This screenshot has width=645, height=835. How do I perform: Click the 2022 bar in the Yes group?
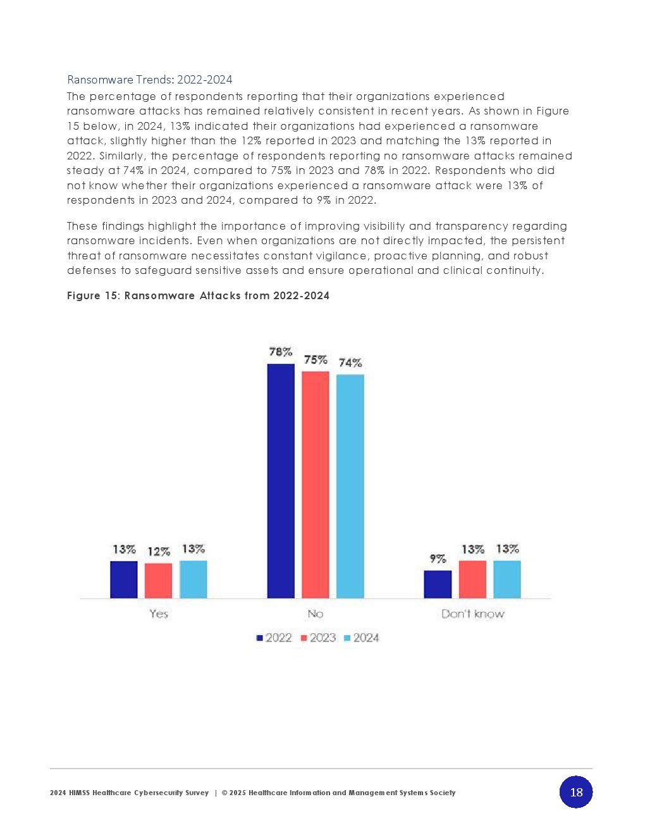(124, 579)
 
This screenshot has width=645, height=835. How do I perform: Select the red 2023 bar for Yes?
(158, 581)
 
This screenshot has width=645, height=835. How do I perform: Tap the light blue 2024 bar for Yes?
(193, 579)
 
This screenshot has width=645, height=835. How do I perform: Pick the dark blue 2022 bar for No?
(281, 481)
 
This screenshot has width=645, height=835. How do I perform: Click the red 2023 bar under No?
(316, 485)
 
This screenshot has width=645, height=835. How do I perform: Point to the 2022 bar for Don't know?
(438, 584)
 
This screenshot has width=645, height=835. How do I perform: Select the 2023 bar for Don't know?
(472, 579)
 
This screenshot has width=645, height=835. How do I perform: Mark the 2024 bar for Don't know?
(507, 579)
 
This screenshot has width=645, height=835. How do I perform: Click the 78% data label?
(281, 352)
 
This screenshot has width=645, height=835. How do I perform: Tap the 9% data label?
(438, 559)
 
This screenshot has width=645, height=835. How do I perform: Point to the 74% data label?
(350, 362)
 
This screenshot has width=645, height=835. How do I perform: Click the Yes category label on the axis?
(159, 614)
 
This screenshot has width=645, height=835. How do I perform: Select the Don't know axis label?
(473, 614)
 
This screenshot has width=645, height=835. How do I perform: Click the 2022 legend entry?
(274, 638)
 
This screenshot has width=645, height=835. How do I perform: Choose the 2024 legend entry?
(362, 638)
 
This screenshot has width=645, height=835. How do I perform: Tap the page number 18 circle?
(576, 792)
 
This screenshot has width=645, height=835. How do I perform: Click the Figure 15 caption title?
(198, 295)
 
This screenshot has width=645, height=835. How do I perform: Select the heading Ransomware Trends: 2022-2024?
(150, 80)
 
